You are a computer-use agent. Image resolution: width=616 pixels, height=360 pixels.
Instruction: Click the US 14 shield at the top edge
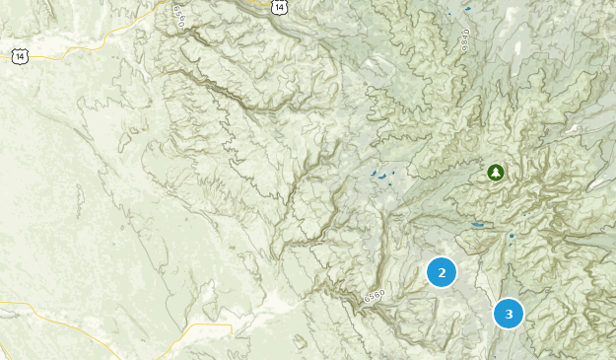tap(281, 6)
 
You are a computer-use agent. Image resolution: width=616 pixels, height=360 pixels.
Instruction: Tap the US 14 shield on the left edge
tap(21, 57)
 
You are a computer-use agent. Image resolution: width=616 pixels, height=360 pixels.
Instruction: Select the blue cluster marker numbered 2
tap(442, 272)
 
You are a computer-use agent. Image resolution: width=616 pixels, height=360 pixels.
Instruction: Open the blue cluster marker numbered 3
tap(509, 314)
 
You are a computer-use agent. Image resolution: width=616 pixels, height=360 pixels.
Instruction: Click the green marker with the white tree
tap(495, 173)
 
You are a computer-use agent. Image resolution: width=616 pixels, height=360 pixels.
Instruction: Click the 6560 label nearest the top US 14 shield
tap(177, 16)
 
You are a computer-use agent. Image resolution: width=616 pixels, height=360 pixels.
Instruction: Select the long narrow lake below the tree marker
tap(477, 225)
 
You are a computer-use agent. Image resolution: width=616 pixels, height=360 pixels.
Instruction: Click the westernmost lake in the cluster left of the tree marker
tap(373, 174)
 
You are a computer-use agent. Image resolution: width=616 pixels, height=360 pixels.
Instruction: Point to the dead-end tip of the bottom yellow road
tap(233, 325)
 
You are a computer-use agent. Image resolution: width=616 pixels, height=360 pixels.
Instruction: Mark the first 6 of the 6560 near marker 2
tap(366, 300)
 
